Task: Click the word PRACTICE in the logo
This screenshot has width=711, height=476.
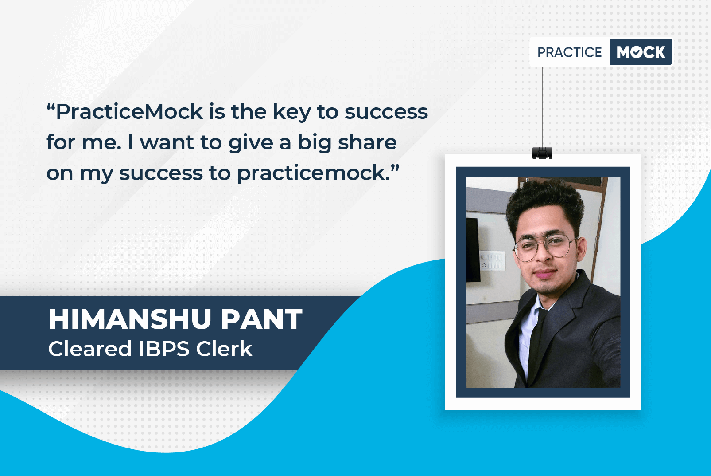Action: click(569, 52)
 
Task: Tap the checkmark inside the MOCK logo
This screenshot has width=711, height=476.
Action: click(637, 52)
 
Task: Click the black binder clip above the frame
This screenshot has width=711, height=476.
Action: click(542, 153)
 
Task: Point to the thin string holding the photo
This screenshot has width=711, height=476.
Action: click(542, 107)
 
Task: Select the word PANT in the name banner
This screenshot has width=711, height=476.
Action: click(261, 319)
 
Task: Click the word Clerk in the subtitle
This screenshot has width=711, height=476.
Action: click(224, 349)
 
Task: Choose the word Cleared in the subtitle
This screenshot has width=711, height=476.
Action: click(90, 349)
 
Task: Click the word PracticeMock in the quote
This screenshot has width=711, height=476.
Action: click(129, 112)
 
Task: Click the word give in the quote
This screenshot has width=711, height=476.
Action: click(250, 143)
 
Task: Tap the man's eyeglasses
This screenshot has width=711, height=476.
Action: click(544, 248)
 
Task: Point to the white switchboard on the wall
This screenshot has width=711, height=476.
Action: click(492, 260)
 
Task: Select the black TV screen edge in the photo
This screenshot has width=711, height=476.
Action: click(473, 249)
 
